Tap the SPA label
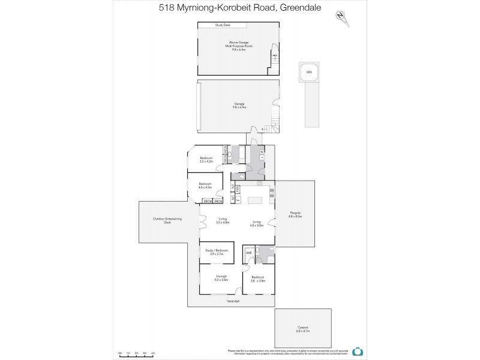310,72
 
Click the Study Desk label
223,25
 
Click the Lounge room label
221,277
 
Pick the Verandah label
233,301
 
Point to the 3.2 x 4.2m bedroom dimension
206,161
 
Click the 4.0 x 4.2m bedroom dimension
205,188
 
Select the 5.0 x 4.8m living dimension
223,223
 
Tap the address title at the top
240,8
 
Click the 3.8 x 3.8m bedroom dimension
258,280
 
